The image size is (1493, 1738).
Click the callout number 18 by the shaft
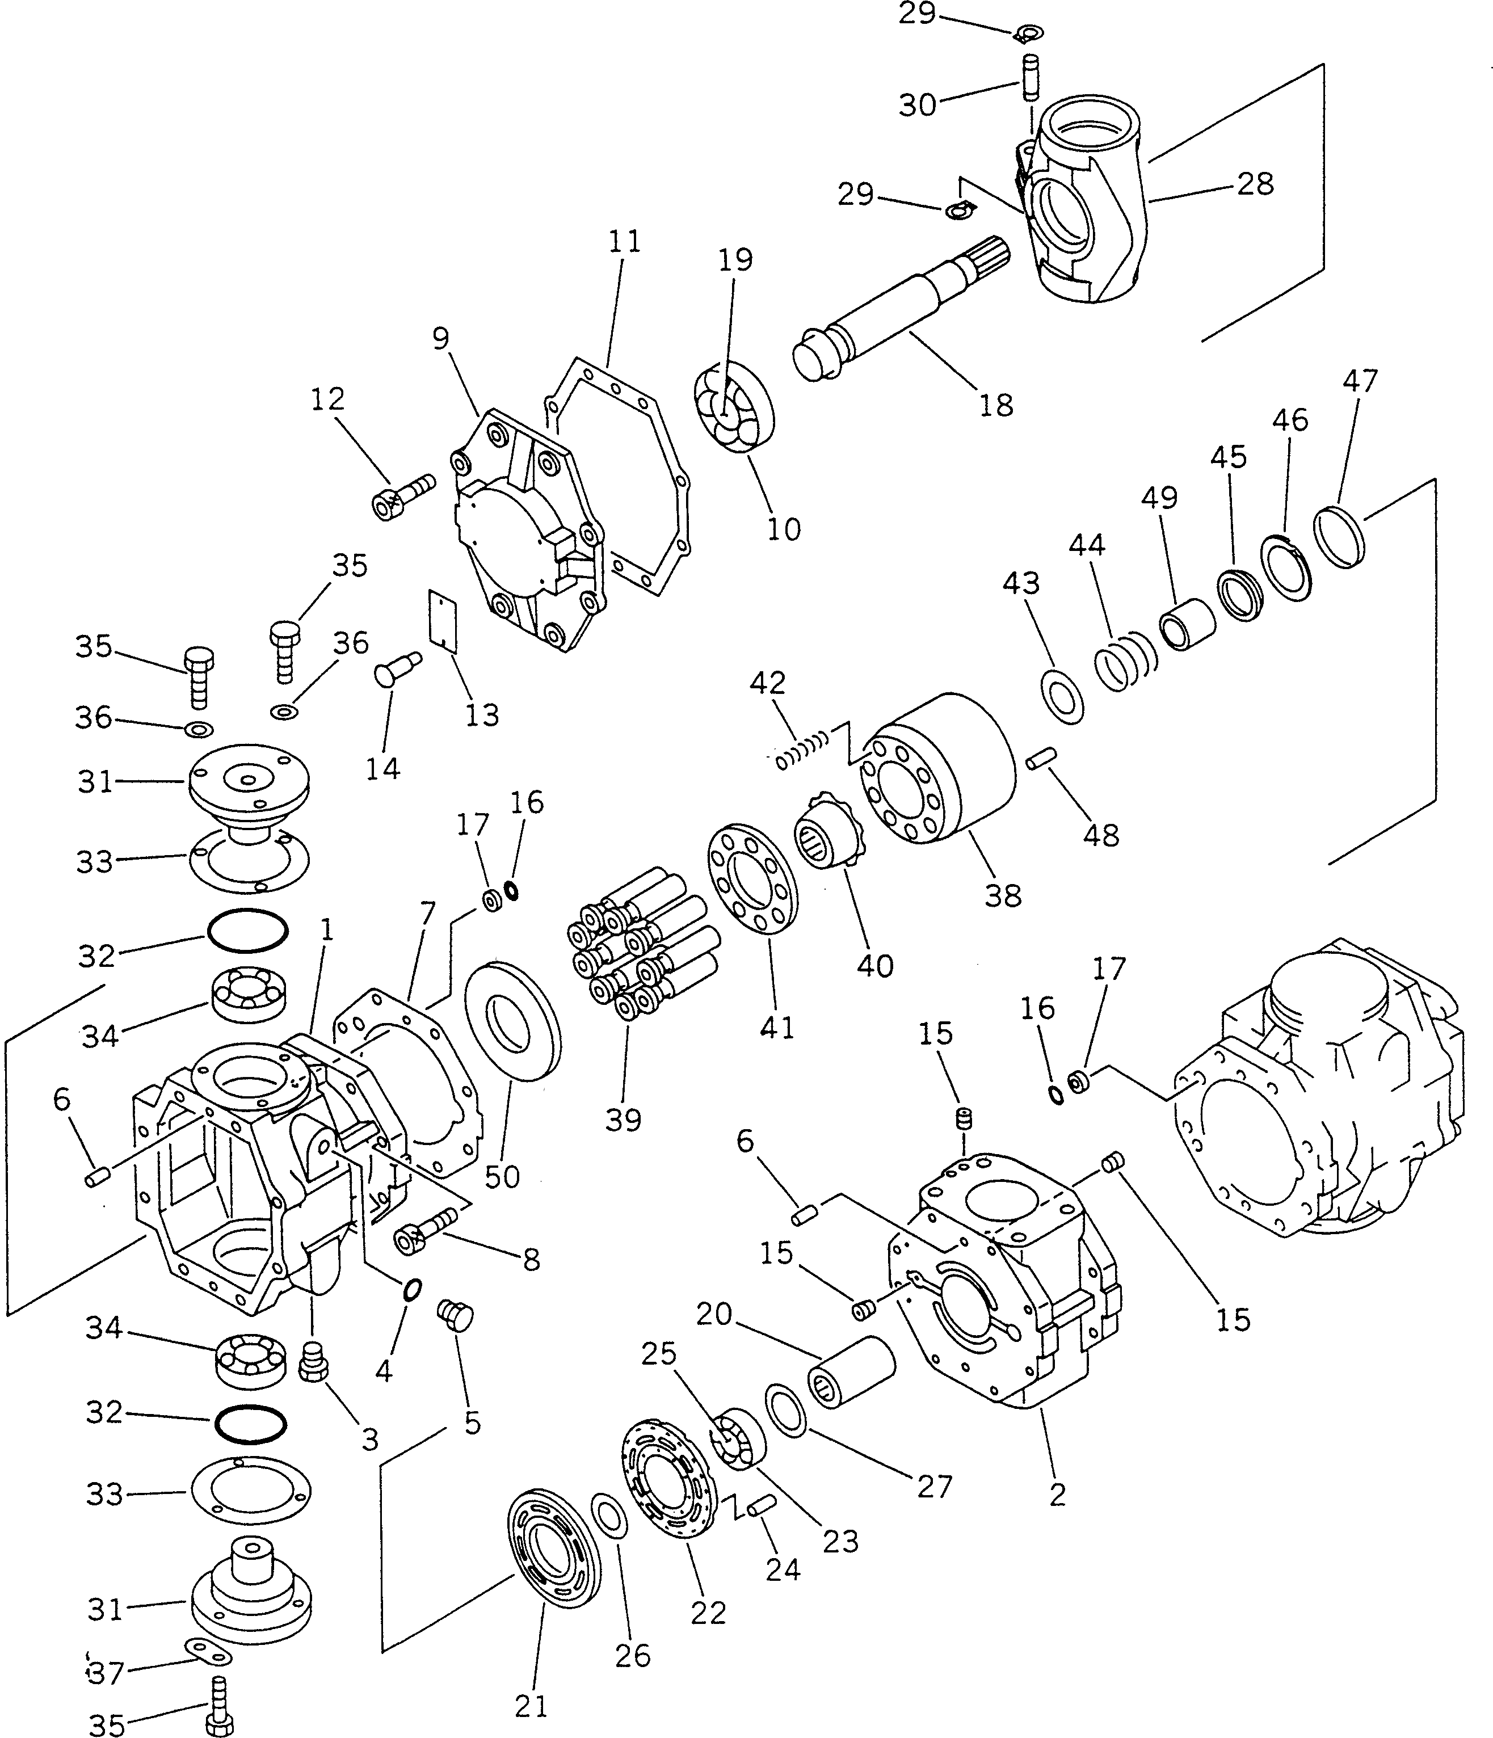coord(995,405)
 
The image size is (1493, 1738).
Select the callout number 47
coord(1360,380)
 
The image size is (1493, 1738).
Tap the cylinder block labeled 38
coord(939,764)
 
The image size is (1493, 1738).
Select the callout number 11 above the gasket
coord(624,242)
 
